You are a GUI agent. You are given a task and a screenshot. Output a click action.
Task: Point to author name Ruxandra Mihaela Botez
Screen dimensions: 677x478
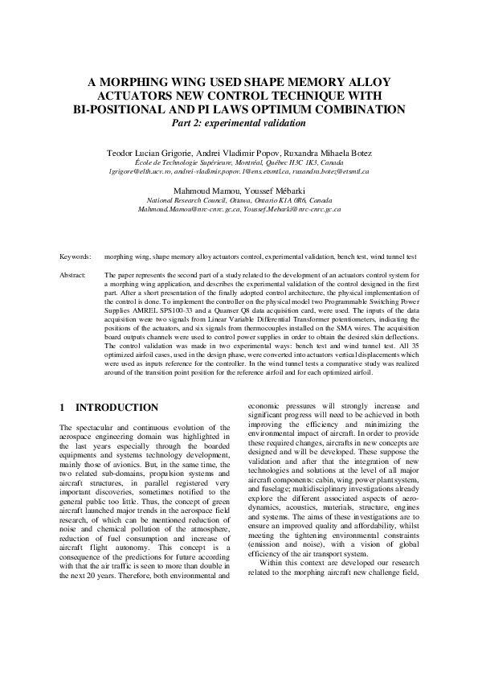pyautogui.click(x=319, y=152)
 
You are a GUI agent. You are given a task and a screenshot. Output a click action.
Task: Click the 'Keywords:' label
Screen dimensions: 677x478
pyautogui.click(x=76, y=256)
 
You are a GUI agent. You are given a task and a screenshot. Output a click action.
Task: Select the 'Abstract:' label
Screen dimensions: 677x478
pyautogui.click(x=75, y=275)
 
